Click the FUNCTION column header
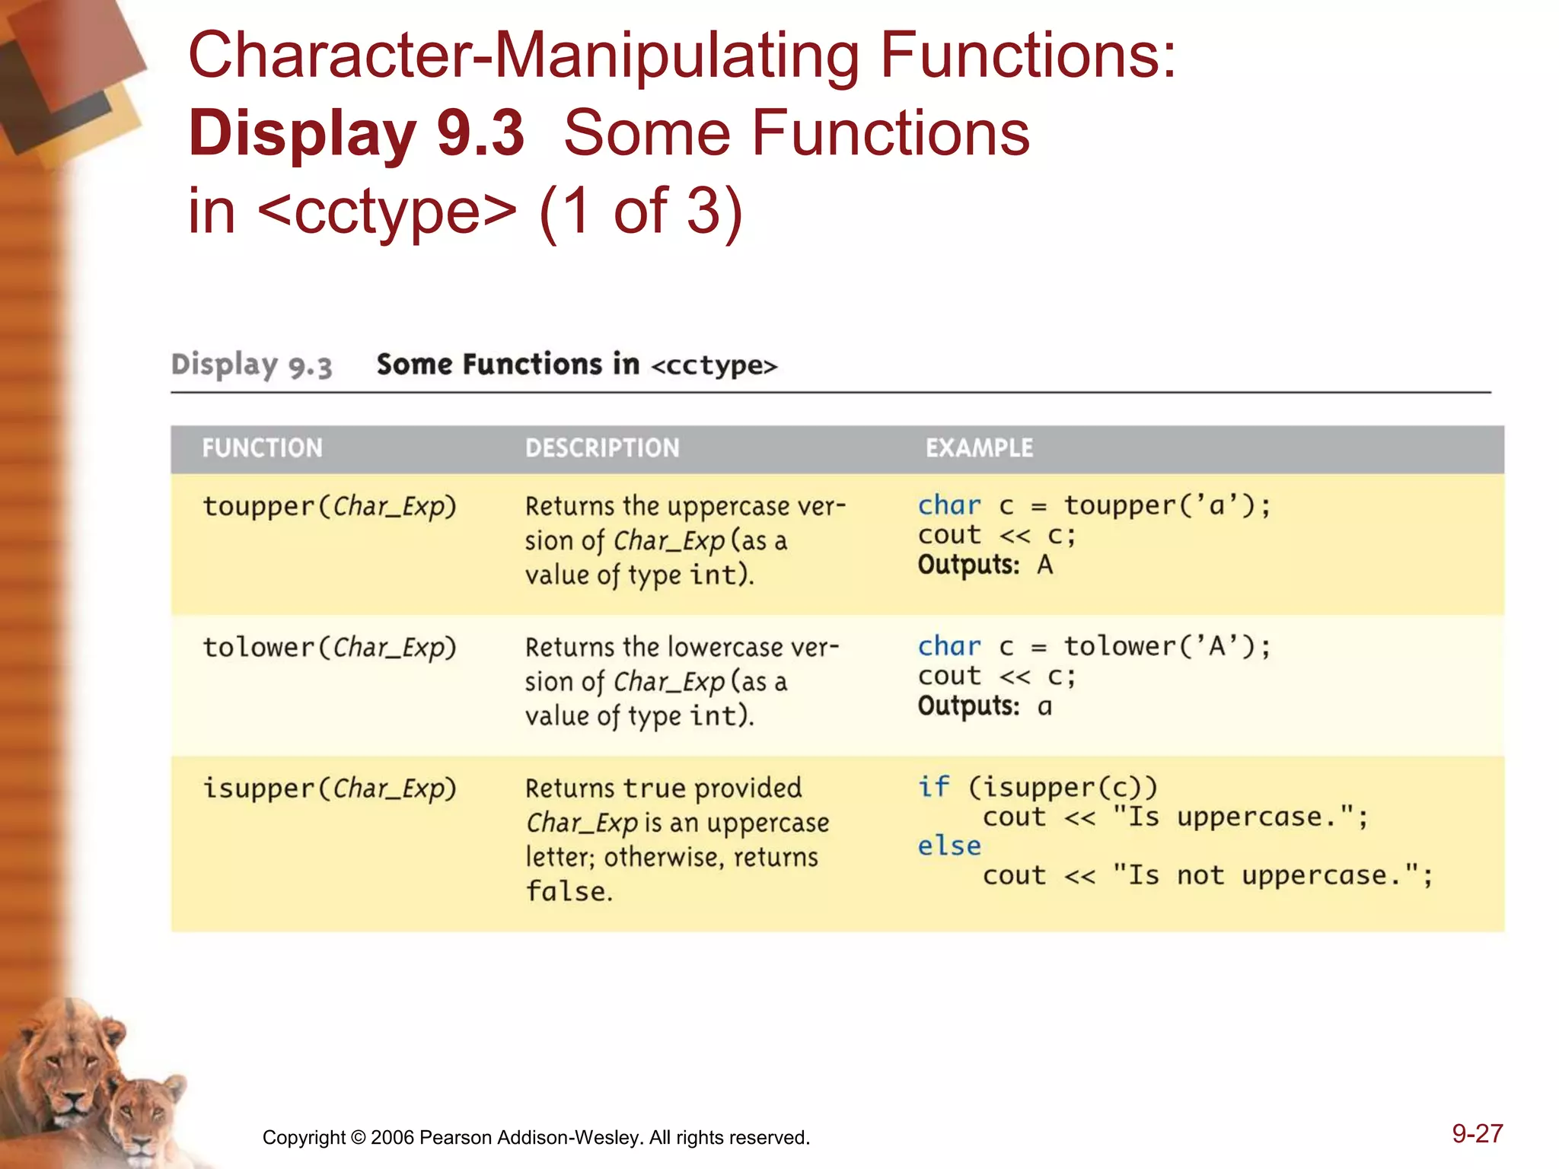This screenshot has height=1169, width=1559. coord(262,448)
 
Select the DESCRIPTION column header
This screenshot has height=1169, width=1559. coord(602,448)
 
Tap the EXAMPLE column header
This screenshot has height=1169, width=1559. coord(979,448)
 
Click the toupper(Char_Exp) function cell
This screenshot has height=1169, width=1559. coord(329,507)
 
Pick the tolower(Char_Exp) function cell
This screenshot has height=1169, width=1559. coord(329,648)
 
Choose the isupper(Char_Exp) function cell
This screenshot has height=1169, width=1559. coord(329,788)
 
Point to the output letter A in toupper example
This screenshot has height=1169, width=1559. coord(1044,565)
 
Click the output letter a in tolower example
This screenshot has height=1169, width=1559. coord(1044,707)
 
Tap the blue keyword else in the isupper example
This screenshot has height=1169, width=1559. coord(948,846)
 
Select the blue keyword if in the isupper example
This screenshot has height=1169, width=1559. coord(933,787)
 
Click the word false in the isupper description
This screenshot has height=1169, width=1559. coord(569,891)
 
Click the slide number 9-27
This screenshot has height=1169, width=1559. coord(1477,1134)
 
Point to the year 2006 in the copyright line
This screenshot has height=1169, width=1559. coord(392,1138)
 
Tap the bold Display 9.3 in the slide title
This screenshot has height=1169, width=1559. coord(356,133)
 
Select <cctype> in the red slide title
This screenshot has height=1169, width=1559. coord(387,211)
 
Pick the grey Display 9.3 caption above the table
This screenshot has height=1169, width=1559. coord(251,366)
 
